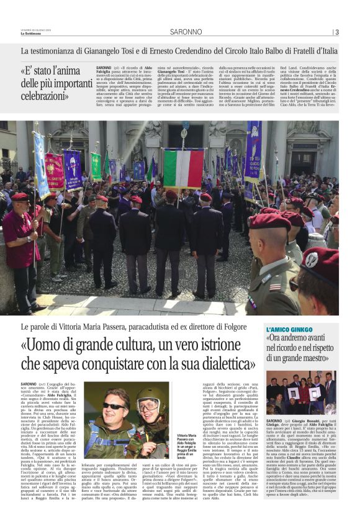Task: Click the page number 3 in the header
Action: click(x=336, y=32)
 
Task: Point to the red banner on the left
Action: click(x=55, y=171)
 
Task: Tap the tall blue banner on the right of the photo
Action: click(x=253, y=153)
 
